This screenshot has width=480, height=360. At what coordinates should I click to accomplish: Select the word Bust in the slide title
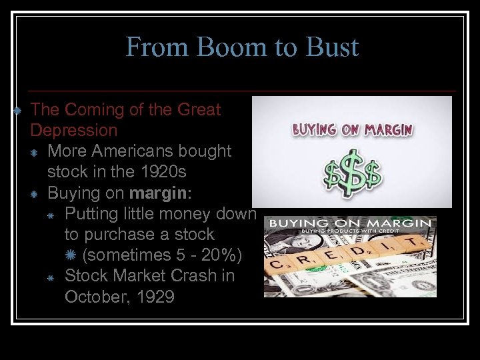click(x=331, y=47)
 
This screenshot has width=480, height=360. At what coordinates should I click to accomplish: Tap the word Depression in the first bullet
click(x=74, y=130)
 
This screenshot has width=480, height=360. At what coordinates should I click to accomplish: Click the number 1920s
click(x=161, y=171)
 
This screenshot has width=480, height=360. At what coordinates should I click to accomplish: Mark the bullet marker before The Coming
click(x=18, y=109)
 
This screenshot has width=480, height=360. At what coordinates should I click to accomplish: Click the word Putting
click(x=89, y=213)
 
